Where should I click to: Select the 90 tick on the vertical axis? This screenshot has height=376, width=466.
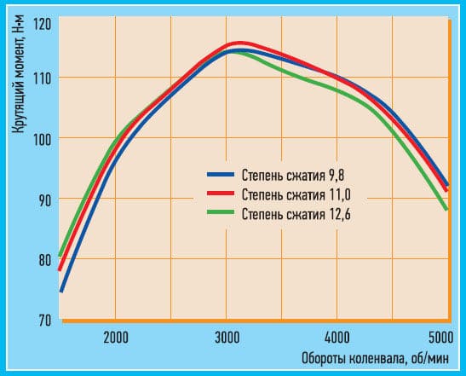click(43, 200)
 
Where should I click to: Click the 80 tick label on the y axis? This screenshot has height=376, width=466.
click(43, 260)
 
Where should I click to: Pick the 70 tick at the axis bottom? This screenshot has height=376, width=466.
click(43, 321)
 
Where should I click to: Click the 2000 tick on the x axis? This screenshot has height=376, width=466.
click(115, 335)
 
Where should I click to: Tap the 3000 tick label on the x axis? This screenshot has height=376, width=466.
click(226, 335)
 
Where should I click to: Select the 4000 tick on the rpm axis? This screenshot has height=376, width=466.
click(337, 335)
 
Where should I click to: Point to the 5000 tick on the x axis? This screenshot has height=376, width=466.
click(439, 335)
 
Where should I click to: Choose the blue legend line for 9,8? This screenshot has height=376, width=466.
click(221, 177)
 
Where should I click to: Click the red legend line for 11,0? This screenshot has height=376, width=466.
click(221, 195)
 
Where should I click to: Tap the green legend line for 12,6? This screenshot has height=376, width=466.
click(221, 213)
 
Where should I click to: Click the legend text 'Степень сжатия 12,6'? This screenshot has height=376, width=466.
click(291, 213)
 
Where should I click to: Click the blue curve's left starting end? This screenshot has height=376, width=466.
click(61, 291)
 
